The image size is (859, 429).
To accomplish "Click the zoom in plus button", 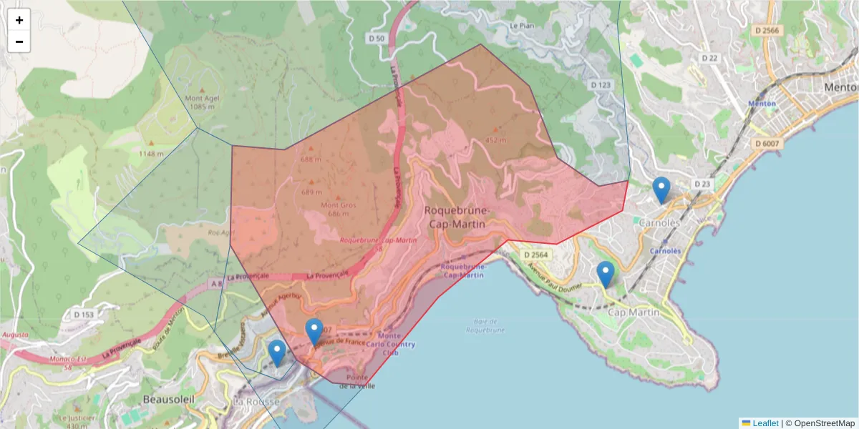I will pyautogui.click(x=19, y=20).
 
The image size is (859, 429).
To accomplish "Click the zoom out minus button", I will pyautogui.click(x=19, y=41).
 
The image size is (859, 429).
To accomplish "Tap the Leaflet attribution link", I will pyautogui.click(x=765, y=423).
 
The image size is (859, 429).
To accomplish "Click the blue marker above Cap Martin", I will pyautogui.click(x=606, y=275).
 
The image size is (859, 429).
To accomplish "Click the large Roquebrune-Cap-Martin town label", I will pyautogui.click(x=457, y=217).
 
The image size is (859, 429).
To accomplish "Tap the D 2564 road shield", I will pyautogui.click(x=535, y=255).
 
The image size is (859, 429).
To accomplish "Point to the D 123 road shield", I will pyautogui.click(x=601, y=84).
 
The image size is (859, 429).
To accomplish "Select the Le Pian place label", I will pyautogui.click(x=523, y=25).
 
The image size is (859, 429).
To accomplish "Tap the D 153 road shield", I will pyautogui.click(x=84, y=314).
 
